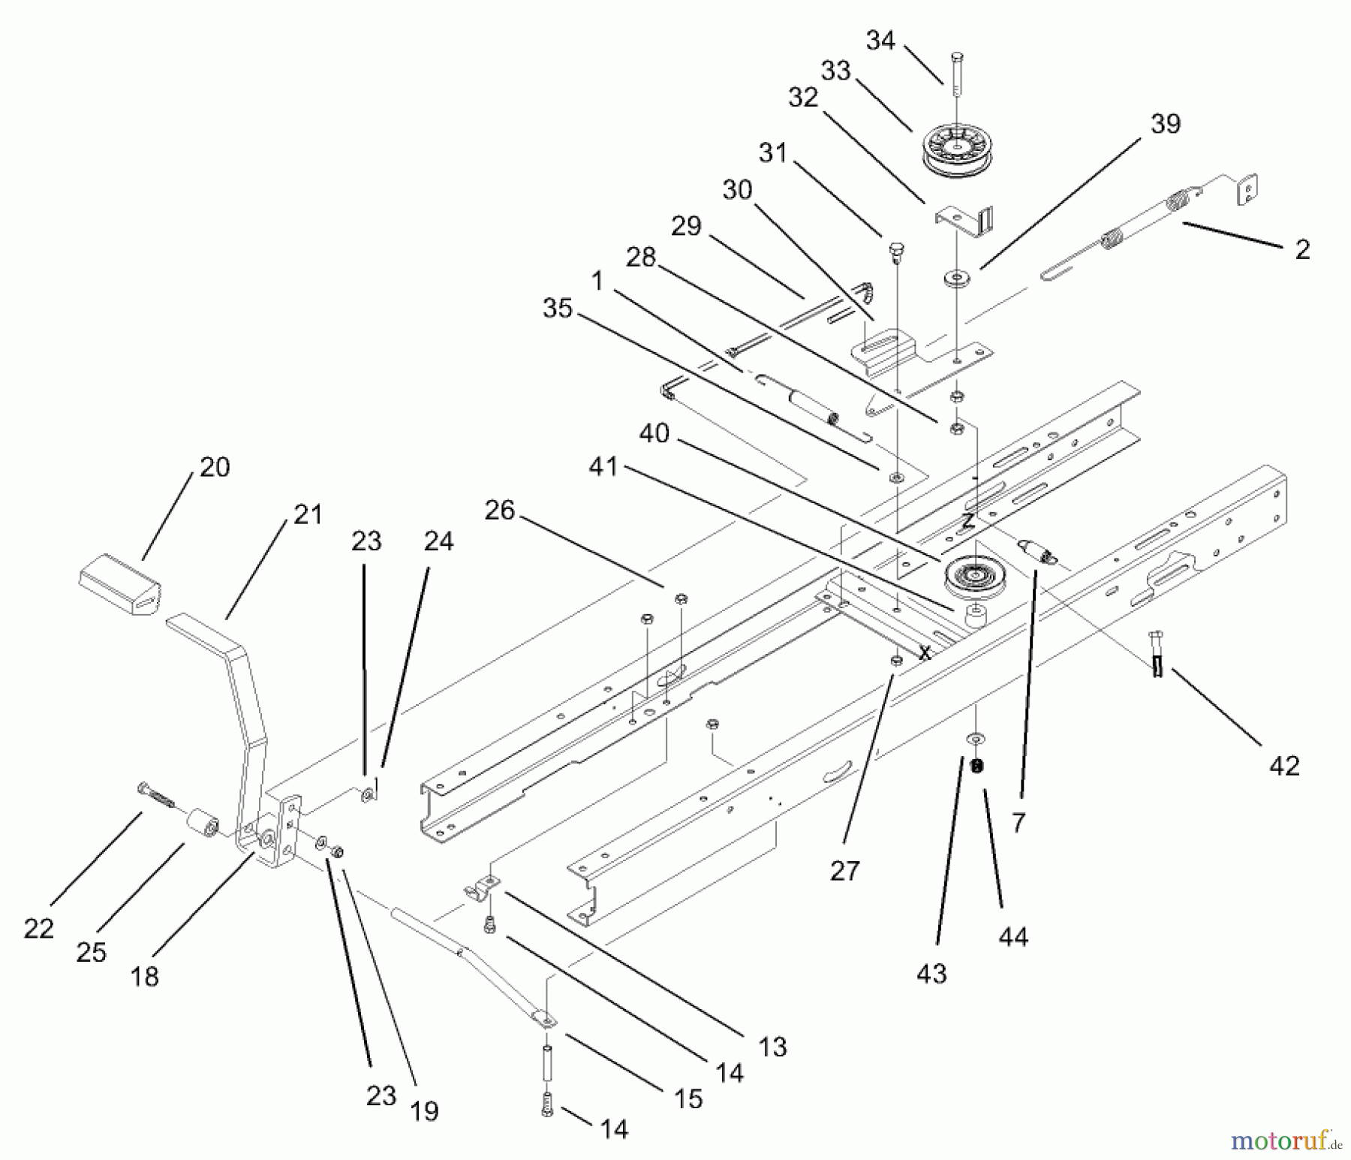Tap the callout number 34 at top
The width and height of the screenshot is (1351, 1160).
click(880, 40)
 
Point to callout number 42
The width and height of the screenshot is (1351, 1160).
click(1283, 767)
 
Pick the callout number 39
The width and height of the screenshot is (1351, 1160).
click(1165, 124)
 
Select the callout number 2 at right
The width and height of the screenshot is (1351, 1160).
click(1302, 250)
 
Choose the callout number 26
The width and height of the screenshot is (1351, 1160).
click(500, 511)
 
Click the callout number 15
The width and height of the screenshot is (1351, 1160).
click(688, 1098)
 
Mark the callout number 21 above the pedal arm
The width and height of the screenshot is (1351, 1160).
click(308, 514)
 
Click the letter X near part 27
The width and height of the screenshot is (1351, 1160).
click(925, 653)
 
